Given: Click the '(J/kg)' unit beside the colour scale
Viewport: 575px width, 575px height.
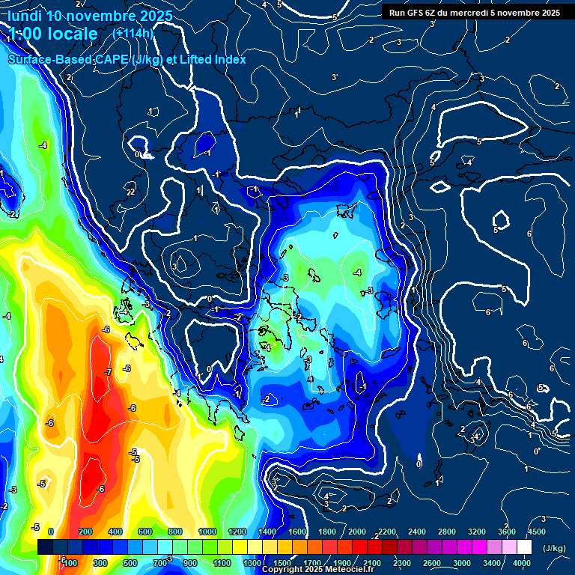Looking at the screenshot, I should pos(554,549).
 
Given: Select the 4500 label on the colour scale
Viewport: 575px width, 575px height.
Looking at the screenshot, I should pos(537,532).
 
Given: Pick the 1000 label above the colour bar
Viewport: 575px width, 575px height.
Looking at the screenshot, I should pos(207,532).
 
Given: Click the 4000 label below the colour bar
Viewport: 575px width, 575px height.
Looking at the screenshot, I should pos(523,563).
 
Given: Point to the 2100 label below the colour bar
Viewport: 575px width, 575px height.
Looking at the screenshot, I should pos(372,563).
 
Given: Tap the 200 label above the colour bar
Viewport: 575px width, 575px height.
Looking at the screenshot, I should pos(85,532).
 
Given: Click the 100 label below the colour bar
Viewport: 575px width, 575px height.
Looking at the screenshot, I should pos(70,563).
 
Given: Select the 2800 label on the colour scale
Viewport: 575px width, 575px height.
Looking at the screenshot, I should pos(447,532).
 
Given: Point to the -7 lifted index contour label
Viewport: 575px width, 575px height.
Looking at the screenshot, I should pos(108,372).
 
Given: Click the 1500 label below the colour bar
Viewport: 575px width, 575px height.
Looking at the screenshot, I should pos(282,563).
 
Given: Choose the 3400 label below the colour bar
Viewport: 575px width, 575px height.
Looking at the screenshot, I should pos(493,563).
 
